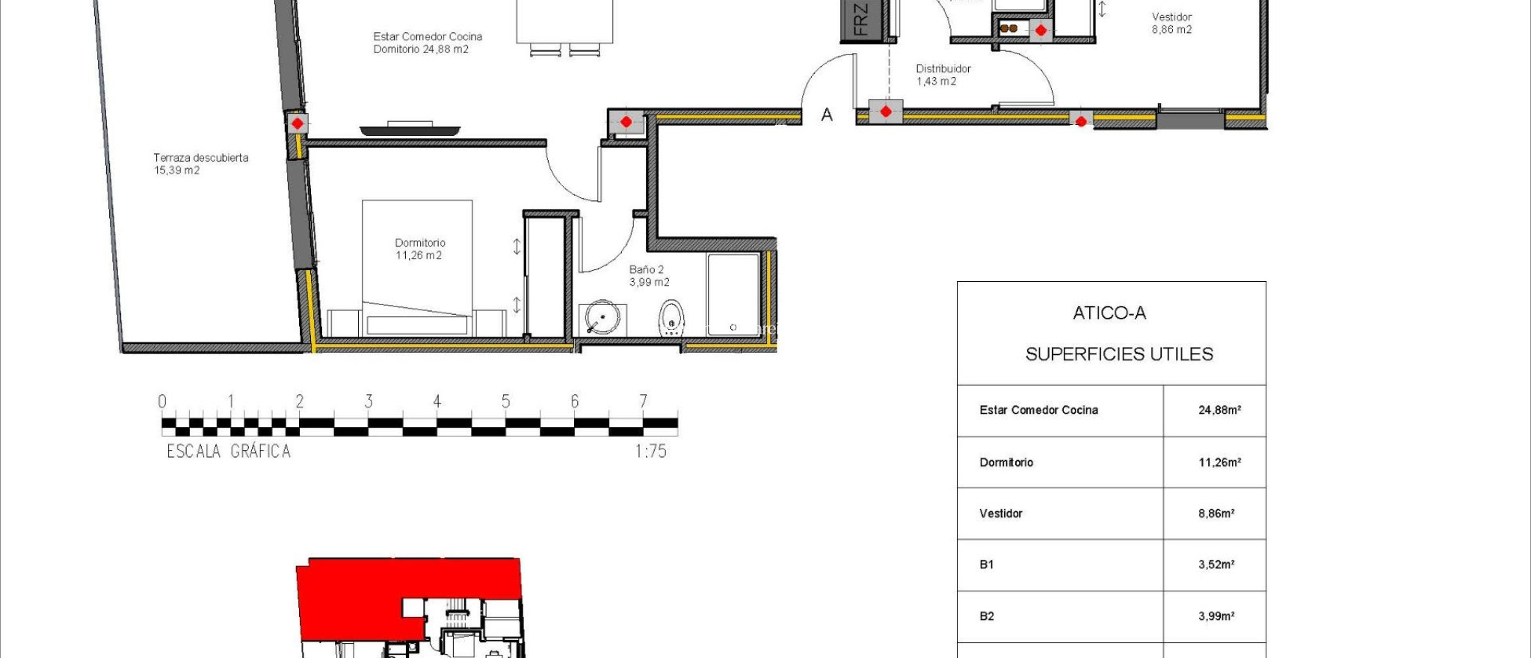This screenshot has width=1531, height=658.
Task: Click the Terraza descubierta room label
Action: [x=200, y=164]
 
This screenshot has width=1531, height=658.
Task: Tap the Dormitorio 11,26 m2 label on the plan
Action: [x=419, y=249]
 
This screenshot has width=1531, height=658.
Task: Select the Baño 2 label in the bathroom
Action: [x=648, y=276]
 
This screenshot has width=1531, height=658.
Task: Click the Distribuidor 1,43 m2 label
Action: [x=943, y=75]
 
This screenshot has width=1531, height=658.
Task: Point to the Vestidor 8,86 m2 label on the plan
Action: [x=1171, y=23]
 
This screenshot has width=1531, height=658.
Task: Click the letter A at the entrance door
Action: [x=827, y=115]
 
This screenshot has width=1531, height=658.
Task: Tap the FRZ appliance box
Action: [x=861, y=20]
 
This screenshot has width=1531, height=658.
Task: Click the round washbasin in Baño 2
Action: [x=600, y=317]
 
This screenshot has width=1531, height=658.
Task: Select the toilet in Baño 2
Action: [x=671, y=318]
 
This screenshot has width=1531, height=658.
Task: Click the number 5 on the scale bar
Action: [x=505, y=402]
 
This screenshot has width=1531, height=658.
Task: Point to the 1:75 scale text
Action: [x=650, y=451]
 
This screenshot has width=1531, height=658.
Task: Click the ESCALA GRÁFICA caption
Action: [x=229, y=451]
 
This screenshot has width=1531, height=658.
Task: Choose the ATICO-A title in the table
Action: [x=1109, y=313]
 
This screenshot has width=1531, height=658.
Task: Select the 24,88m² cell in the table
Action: [x=1219, y=410]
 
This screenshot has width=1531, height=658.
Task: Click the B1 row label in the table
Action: [x=987, y=565]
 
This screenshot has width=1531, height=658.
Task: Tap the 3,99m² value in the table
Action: [x=1216, y=616]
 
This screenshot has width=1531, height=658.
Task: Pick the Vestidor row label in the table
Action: [x=1000, y=513]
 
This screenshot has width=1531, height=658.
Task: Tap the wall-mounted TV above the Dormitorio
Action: [x=410, y=129]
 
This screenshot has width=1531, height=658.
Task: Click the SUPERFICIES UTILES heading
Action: [x=1118, y=354]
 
